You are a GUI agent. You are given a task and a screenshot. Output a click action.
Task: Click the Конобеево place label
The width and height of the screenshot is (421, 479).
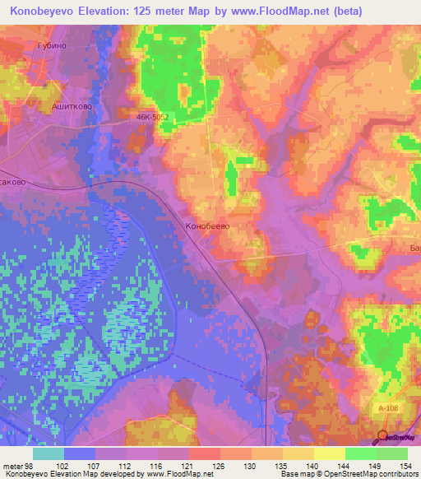(x=206, y=226)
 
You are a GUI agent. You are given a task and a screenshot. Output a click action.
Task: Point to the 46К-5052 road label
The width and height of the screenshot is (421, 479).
(x=153, y=118)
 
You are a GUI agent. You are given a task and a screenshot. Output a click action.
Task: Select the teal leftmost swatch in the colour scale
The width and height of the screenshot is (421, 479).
(x=48, y=453)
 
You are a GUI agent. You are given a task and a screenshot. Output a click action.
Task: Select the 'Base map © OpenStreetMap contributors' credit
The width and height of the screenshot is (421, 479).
(x=349, y=474)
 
